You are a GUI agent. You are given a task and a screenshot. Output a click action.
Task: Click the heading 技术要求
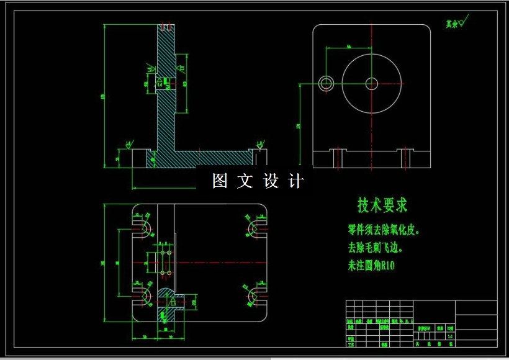(x=382, y=205)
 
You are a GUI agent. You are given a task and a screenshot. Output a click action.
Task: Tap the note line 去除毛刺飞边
(x=375, y=248)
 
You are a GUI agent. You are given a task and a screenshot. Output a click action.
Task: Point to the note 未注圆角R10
(x=371, y=266)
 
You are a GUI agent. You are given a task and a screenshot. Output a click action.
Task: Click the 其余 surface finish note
(x=455, y=24)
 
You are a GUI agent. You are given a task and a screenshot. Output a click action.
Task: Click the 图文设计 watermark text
(x=258, y=181)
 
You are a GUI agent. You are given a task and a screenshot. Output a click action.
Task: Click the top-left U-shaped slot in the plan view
(x=144, y=228)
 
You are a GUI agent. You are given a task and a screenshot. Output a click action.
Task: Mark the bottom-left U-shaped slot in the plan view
(x=144, y=296)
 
